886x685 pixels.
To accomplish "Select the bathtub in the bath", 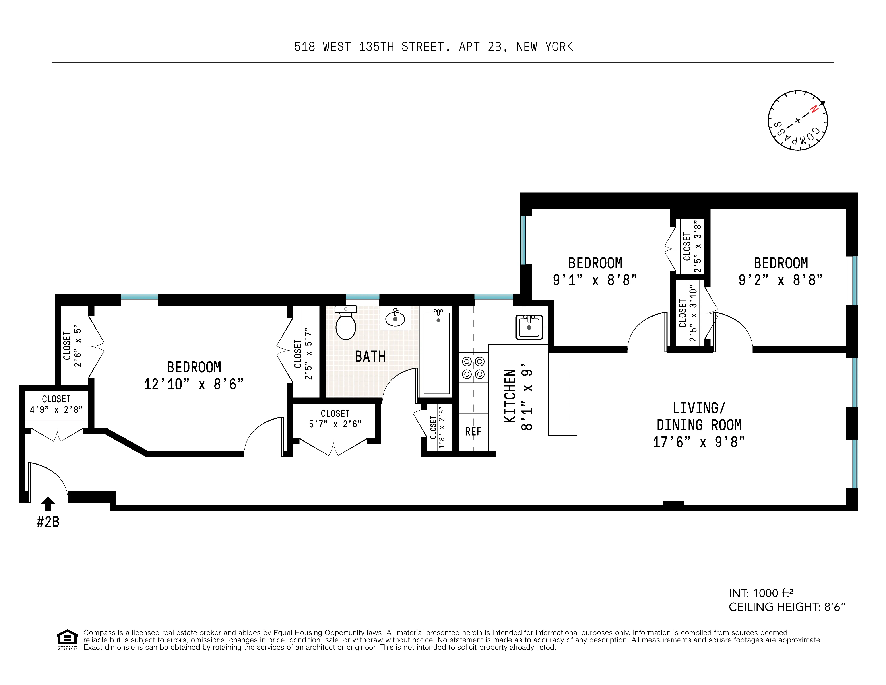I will [436, 353].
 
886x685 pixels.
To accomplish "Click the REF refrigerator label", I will [473, 431].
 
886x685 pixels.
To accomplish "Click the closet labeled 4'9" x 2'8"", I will [56, 404].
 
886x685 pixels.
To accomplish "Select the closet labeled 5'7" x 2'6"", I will [335, 419].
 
